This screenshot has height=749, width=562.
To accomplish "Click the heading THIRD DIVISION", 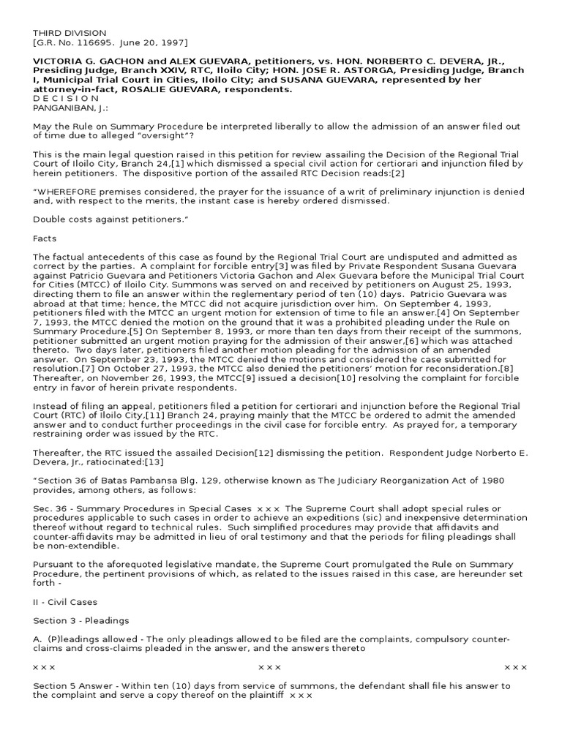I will coord(70,33).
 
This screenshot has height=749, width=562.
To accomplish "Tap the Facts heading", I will coord(45,238).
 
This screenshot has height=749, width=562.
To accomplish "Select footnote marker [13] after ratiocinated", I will coord(155,462).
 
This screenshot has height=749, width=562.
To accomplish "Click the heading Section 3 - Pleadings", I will coord(81,621).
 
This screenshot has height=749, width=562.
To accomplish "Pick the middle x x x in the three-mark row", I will coord(269,668).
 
